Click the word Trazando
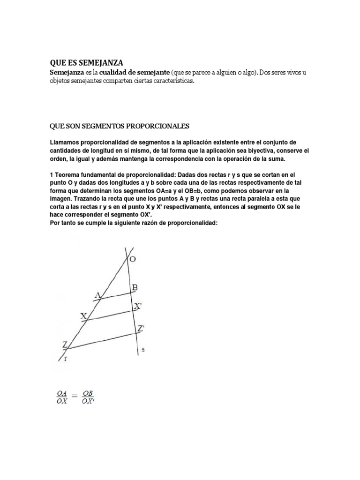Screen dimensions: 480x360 click(67, 199)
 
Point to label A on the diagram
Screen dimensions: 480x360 click(98, 295)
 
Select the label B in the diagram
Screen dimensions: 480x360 click(134, 287)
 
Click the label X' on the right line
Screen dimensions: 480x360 click(137, 306)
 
